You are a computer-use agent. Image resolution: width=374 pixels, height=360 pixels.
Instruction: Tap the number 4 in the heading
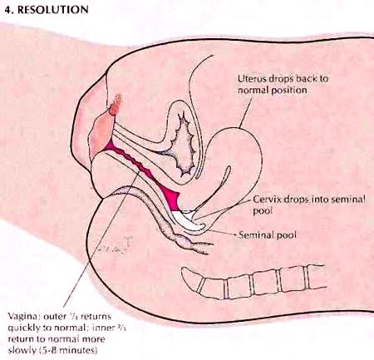coord(7,9)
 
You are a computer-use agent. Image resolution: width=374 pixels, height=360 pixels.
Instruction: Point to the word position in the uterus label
coord(289,91)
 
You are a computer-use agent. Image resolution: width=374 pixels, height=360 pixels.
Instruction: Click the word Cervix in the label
coord(266,200)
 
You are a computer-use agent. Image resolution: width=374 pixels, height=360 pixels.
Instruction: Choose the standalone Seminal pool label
coord(268,235)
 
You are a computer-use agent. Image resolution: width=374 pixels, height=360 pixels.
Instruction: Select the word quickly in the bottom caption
coord(23,328)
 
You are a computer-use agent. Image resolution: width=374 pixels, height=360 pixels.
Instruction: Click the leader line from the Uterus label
coord(245,112)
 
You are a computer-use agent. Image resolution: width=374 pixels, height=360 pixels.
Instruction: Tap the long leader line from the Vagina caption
coord(101,239)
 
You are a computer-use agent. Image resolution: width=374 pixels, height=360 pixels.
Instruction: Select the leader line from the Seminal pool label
coord(222,233)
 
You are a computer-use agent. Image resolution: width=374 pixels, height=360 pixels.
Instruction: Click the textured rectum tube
coord(155,214)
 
